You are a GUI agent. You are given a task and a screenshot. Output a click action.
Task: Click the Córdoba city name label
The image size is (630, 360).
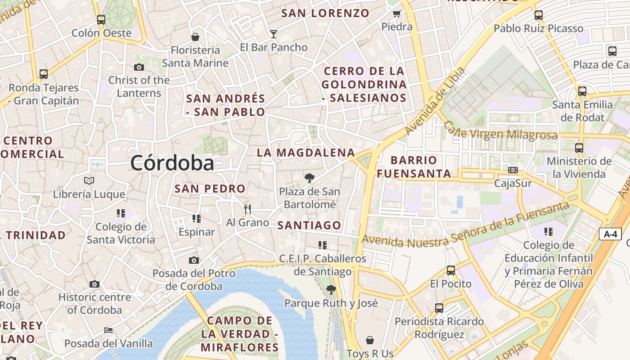coord(172,163)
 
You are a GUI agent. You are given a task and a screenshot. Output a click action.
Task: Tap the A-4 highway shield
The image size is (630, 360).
coord(610,234)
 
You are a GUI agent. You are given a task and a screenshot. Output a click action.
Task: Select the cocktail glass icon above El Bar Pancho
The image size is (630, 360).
coord(273,34)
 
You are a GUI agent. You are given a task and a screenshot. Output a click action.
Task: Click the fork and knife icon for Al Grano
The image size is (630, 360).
coord(247,209)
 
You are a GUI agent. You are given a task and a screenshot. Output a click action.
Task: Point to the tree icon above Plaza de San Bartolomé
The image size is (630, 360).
coord(309,178)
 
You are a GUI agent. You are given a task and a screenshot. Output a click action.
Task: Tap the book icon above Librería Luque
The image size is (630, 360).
coord(89,181)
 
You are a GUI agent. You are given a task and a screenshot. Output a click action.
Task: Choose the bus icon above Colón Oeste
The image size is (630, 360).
coord(101,20)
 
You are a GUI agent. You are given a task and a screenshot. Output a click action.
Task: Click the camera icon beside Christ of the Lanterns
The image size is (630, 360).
coord(139,67)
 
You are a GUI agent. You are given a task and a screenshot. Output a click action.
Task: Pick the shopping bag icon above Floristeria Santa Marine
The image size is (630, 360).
coord(195,37)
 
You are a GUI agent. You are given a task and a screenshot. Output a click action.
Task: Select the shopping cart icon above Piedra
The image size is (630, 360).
coord(396,13)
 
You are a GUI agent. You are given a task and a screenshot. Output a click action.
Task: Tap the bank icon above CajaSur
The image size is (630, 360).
coord(513,170)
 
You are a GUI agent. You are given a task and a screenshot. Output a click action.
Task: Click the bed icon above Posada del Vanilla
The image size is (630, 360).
coord(108,330)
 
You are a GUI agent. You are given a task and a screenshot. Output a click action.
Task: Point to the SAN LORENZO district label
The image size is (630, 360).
coord(325,13)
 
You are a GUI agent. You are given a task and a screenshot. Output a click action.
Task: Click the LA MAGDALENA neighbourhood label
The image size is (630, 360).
coord(306,153)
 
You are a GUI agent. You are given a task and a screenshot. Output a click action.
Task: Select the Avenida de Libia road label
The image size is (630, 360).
coord(434,102)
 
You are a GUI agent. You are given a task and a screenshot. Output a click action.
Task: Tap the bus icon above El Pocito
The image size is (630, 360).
coord(451,270)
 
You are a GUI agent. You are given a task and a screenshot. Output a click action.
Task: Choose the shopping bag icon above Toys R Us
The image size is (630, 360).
coord(370,340)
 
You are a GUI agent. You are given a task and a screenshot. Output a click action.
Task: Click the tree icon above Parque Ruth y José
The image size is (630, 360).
coord(331,289)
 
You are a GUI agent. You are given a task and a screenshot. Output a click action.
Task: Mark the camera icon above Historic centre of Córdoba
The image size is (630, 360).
coord(94,284)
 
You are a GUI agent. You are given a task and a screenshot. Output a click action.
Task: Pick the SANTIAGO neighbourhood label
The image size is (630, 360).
coord(309,225)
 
